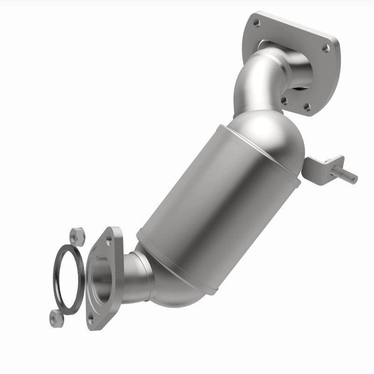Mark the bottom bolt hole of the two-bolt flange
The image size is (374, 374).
coord(91,319)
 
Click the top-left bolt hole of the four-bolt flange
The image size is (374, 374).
coord(255,21)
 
